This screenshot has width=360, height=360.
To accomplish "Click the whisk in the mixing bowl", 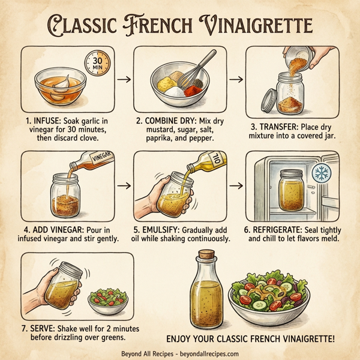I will (201, 71).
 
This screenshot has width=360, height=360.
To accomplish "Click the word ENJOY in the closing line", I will (187, 339).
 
